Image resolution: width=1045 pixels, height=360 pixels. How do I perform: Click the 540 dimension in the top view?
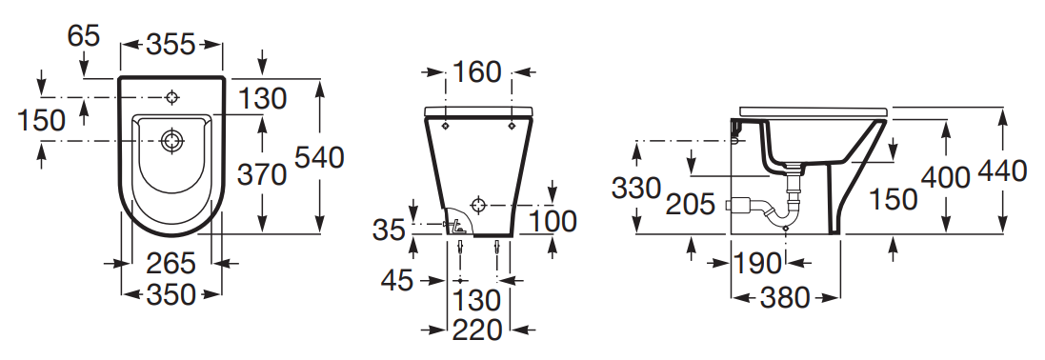(x=318, y=158)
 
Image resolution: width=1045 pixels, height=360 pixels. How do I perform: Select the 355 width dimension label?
(x=171, y=45)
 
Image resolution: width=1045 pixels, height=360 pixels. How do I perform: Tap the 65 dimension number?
(x=83, y=35)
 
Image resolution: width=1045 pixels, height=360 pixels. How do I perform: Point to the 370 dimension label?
(x=262, y=174)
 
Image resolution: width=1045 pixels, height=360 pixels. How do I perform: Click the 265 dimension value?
(x=171, y=263)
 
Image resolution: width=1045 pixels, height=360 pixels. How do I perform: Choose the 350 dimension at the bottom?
(x=171, y=294)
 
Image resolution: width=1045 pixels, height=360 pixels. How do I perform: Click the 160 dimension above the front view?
(x=476, y=72)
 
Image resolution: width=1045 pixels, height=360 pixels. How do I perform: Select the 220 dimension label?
(x=477, y=330)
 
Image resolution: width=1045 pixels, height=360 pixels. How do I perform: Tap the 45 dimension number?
(x=397, y=281)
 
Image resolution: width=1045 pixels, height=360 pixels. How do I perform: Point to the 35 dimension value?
(x=390, y=230)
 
